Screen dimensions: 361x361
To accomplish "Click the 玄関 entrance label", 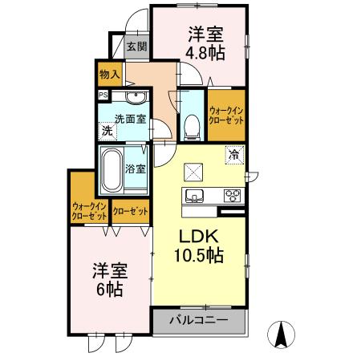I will pyautogui.click(x=136, y=47).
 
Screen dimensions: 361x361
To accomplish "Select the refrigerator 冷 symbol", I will pyautogui.click(x=233, y=154).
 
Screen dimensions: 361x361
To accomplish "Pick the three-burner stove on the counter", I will pyautogui.click(x=232, y=194).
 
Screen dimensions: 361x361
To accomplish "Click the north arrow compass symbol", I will pyautogui.click(x=282, y=333).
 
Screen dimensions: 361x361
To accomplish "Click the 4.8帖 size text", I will pyautogui.click(x=205, y=53).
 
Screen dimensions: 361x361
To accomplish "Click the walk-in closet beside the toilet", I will pyautogui.click(x=225, y=113).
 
